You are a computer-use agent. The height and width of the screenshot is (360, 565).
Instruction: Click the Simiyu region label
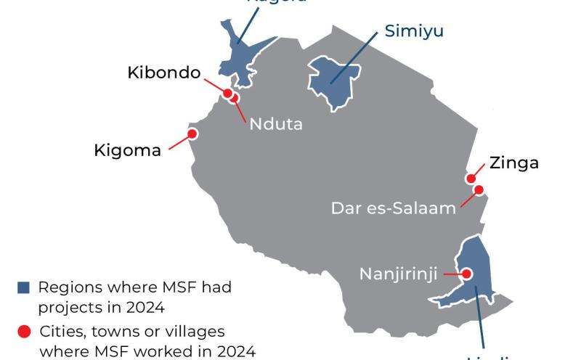tap(414, 31)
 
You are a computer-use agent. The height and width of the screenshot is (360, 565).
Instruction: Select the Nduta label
tap(276, 123)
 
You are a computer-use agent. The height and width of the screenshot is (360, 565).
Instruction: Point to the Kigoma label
tap(127, 151)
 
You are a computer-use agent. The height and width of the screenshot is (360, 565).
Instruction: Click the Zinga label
tap(514, 163)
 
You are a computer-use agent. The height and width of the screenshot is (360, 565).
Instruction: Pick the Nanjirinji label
tap(400, 274)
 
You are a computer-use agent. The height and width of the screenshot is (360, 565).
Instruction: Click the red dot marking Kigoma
tap(192, 134)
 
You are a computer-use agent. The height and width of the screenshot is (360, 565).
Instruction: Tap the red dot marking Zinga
tap(471, 179)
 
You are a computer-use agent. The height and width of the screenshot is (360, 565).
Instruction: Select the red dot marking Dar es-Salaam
tap(479, 190)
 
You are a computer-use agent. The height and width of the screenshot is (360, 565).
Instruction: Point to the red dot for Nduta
tap(234, 98)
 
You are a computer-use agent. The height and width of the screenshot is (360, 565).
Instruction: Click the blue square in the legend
tap(24, 287)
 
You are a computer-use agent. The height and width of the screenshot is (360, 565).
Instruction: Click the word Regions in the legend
tap(66, 287)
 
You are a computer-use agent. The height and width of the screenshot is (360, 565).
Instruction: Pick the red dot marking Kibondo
tap(227, 93)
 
